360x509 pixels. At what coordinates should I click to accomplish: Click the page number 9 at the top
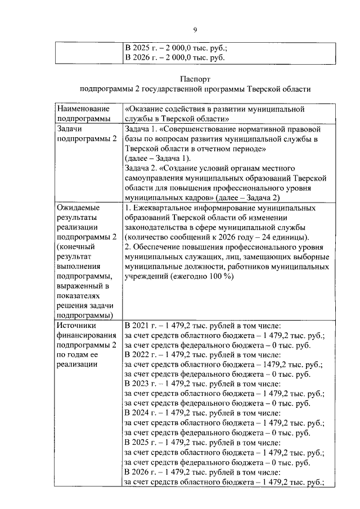pyautogui.click(x=195, y=30)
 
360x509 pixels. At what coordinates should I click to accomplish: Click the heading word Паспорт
pyautogui.click(x=195, y=79)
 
